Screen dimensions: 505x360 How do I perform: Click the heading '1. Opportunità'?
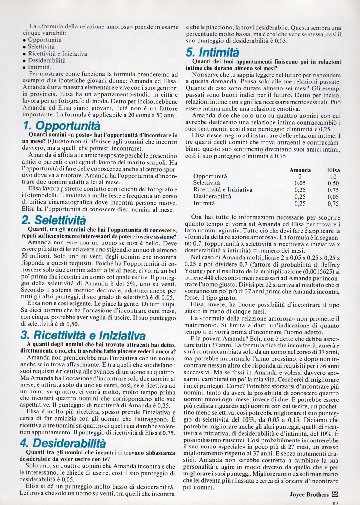point(61,126)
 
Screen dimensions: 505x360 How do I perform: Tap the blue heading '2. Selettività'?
point(54,220)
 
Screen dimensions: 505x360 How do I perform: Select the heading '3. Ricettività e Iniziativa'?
point(83,335)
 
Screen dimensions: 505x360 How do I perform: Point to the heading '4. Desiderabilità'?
point(63,443)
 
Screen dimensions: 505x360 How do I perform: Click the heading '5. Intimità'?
point(212,53)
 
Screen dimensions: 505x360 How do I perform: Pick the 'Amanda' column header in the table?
point(300,170)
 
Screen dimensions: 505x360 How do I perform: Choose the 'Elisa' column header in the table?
point(333,170)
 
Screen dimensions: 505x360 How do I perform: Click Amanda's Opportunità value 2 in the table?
point(300,177)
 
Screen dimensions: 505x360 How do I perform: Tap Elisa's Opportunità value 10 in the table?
point(333,177)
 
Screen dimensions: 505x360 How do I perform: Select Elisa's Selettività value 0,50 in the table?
point(333,184)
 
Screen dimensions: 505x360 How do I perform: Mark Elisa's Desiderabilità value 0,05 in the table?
point(333,197)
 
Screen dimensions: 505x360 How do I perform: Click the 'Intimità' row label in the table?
point(204,203)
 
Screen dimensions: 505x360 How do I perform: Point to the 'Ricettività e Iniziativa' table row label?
point(223,190)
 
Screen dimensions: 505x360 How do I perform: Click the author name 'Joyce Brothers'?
point(309,495)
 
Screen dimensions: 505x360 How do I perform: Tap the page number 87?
point(335,503)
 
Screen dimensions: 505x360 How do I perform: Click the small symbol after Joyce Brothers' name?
point(335,494)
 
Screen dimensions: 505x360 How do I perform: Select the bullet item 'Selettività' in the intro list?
point(41,47)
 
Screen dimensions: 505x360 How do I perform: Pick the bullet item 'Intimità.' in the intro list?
point(40,67)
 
